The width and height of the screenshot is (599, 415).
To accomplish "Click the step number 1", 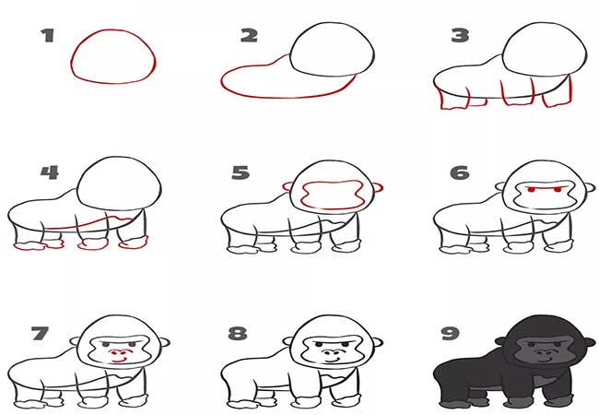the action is [47, 35].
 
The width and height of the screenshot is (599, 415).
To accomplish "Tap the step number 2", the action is [249, 36].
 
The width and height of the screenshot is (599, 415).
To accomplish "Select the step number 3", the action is [460, 36].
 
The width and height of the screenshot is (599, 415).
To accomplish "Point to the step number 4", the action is [50, 172].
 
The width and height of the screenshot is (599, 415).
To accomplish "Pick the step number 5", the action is [241, 172].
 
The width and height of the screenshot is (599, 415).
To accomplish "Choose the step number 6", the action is [460, 172].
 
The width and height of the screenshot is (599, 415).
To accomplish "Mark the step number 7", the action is [40, 333].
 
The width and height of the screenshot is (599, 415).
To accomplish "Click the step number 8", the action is [238, 333].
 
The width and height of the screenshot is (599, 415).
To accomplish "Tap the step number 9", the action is [451, 333].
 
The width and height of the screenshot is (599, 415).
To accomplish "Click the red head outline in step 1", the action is [113, 30].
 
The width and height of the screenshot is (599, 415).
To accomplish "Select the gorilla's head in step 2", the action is [332, 23].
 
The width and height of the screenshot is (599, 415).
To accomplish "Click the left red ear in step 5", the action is [288, 186].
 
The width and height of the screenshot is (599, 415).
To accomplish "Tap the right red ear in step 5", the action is [378, 187].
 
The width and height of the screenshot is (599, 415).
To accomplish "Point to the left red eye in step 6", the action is [530, 189].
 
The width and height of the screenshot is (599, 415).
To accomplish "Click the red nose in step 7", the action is [116, 352].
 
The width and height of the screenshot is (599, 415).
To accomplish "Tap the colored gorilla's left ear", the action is [500, 340].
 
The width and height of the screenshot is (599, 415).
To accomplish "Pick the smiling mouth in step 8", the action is [332, 360].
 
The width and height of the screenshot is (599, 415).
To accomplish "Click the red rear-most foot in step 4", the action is [29, 246].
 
